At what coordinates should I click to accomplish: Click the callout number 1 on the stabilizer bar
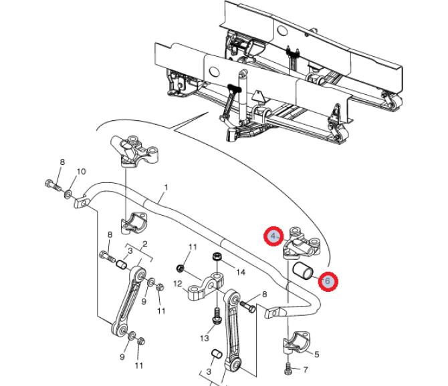(x=166, y=188)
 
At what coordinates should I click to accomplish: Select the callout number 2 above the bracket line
(x=145, y=244)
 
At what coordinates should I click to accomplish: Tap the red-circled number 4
(x=273, y=236)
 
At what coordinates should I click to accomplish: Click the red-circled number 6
(x=328, y=281)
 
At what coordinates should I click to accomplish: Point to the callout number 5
(x=316, y=355)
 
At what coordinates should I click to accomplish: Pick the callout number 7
(x=306, y=370)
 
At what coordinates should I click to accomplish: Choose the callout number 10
(x=81, y=172)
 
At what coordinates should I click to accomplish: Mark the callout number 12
(x=178, y=284)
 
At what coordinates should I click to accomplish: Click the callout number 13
(x=205, y=339)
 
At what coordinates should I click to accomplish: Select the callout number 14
(x=241, y=272)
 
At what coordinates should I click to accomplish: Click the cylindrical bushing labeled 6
(x=303, y=270)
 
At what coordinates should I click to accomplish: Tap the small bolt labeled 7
(x=288, y=369)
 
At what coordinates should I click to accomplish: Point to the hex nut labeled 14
(x=217, y=256)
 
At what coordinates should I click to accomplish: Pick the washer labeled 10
(x=68, y=194)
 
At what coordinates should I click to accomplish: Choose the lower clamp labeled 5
(x=296, y=342)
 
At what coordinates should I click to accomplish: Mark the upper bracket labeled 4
(x=302, y=243)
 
